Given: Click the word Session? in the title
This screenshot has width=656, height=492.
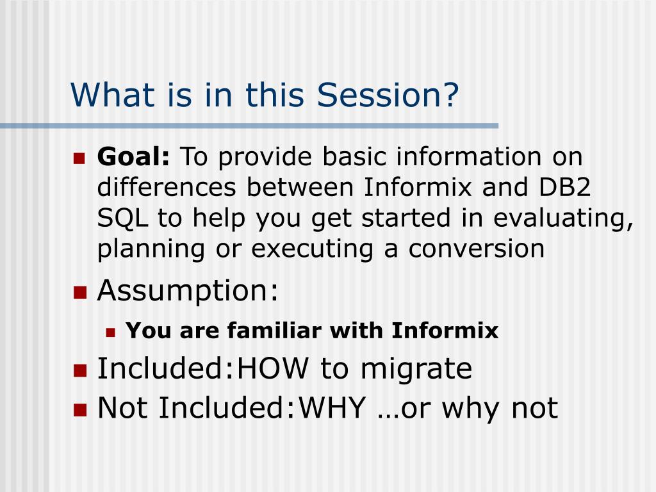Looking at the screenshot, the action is pyautogui.click(x=388, y=95).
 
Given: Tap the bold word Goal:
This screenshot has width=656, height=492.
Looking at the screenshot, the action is pyautogui.click(x=133, y=156).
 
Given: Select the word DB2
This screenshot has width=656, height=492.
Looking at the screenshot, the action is pyautogui.click(x=564, y=186).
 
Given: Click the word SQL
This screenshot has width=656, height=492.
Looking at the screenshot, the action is pyautogui.click(x=122, y=218).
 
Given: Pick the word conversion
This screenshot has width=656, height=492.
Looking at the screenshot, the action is pyautogui.click(x=477, y=249).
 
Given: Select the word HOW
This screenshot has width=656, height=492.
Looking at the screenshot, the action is pyautogui.click(x=273, y=368).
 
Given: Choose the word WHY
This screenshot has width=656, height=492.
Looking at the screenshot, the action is pyautogui.click(x=332, y=407).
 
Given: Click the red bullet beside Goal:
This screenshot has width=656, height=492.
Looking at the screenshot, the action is pyautogui.click(x=79, y=158).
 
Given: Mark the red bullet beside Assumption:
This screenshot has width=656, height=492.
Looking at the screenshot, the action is pyautogui.click(x=80, y=293).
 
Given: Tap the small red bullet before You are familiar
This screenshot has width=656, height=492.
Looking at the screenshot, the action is pyautogui.click(x=110, y=332).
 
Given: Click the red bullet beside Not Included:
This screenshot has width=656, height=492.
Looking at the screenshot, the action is pyautogui.click(x=80, y=410).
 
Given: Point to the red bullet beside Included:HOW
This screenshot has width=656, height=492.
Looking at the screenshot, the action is pyautogui.click(x=80, y=371).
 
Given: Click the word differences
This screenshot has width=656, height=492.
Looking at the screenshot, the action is pyautogui.click(x=167, y=186).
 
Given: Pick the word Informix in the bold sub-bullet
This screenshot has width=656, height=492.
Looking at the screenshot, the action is pyautogui.click(x=445, y=330).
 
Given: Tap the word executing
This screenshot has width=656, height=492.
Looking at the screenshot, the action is pyautogui.click(x=312, y=249).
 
